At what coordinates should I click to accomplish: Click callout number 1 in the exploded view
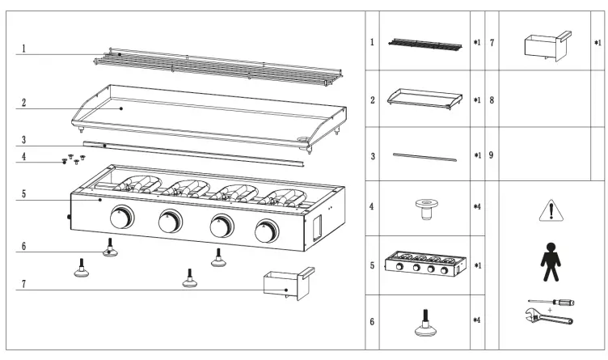pos(23,49)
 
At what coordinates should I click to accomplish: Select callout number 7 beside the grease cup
pos(23,285)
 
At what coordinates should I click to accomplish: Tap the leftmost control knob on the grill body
pos(121,218)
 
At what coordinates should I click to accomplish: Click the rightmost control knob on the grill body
pos(265,232)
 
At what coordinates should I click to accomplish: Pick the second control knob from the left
pos(171,222)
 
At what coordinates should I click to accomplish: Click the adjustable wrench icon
pos(547,319)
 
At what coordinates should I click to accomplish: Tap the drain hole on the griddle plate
pos(306,145)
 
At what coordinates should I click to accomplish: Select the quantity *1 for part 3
pos(476,154)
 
